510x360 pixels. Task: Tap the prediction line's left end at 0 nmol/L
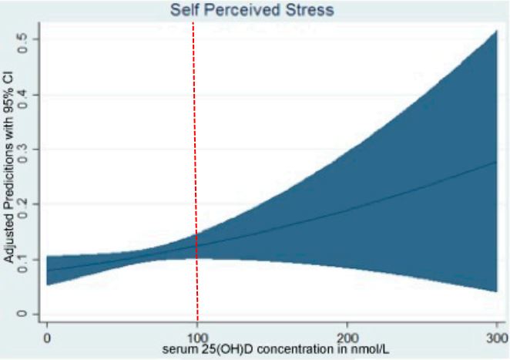pos(48,271)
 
